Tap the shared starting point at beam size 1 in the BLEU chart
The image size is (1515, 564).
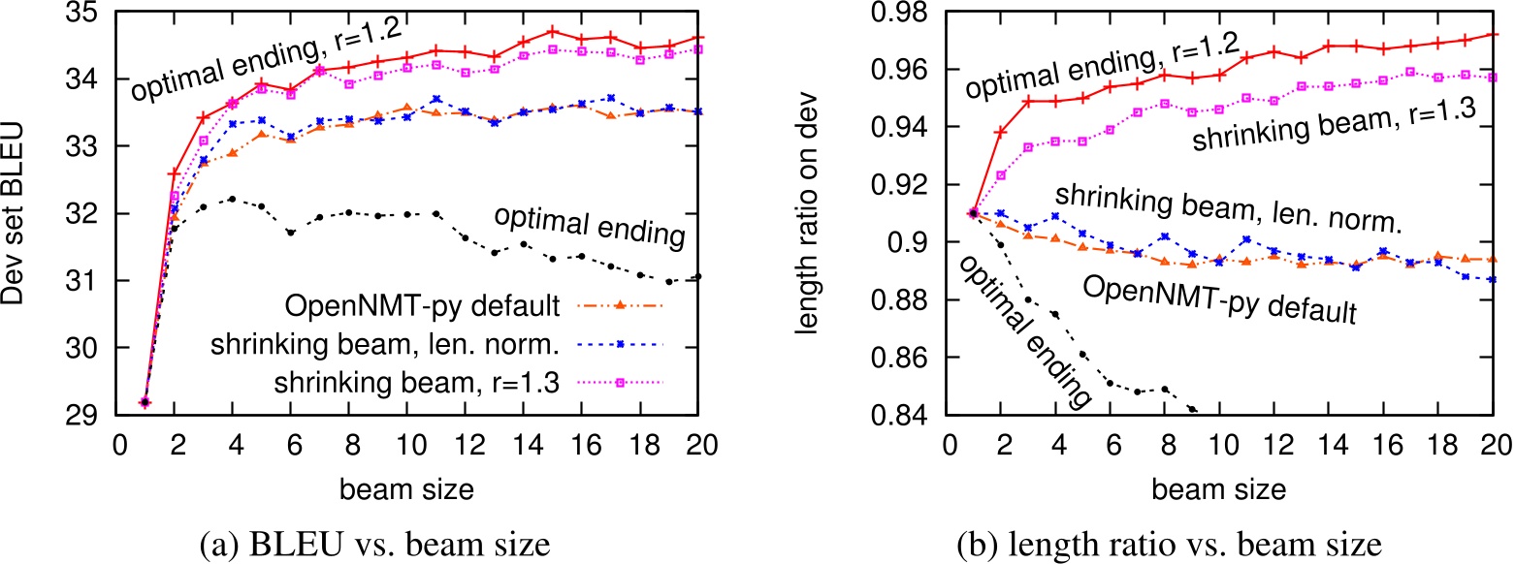coord(145,402)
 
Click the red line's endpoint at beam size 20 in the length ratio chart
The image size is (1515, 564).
coord(1492,35)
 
